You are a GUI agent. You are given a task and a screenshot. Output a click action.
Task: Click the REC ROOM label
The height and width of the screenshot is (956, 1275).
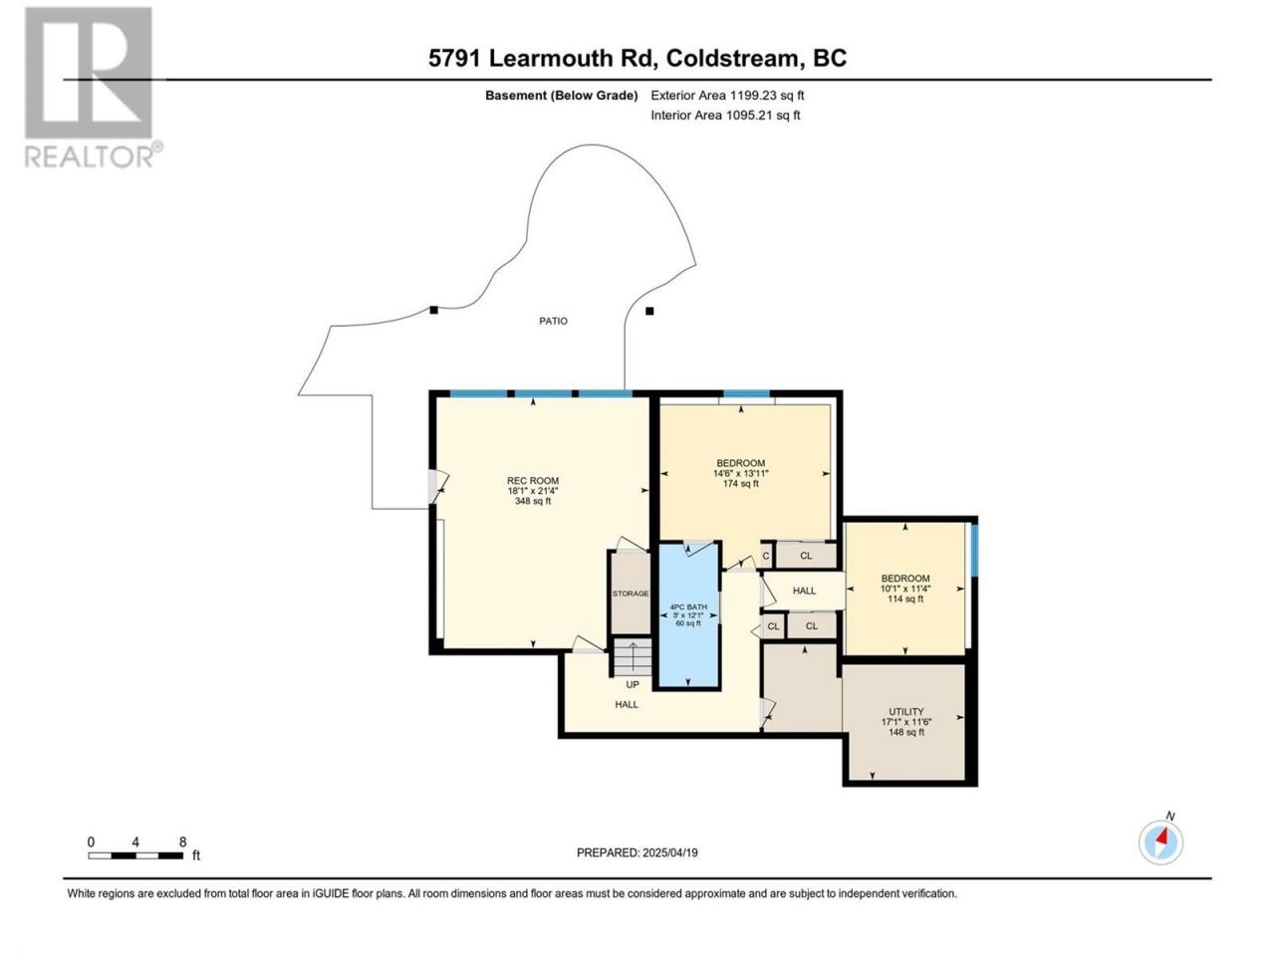[x=533, y=481]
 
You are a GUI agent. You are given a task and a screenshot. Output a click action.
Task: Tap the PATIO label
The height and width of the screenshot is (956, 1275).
[x=553, y=321]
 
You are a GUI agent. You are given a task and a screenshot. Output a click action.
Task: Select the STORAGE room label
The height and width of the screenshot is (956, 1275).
[x=631, y=594]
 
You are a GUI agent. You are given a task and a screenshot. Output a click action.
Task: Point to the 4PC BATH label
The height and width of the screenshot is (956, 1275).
[x=688, y=607]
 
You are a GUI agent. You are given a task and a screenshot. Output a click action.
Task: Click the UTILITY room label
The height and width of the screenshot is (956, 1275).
[x=906, y=712]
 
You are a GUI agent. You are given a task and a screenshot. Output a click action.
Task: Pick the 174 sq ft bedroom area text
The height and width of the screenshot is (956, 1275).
[x=741, y=484]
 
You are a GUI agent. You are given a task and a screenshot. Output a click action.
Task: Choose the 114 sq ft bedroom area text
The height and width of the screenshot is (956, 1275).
[x=905, y=598]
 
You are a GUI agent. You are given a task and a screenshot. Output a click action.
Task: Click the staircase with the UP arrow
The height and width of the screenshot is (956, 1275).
[x=633, y=657]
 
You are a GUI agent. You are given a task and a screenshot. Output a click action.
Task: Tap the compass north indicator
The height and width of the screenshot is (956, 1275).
[x=1160, y=842]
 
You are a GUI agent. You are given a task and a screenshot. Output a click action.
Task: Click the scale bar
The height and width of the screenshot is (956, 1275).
[x=135, y=855]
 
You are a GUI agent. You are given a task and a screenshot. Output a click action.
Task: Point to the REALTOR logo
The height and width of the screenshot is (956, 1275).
[x=93, y=87]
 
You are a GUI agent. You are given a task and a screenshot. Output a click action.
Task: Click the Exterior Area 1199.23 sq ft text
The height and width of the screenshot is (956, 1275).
[x=727, y=96]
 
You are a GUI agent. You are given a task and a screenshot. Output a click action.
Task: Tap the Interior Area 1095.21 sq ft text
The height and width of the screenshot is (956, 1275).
[x=725, y=115]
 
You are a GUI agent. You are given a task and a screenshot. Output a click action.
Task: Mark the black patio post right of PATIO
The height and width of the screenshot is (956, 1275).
[x=650, y=311]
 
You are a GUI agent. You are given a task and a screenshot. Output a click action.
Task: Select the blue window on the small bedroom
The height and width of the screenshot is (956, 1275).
[x=975, y=551]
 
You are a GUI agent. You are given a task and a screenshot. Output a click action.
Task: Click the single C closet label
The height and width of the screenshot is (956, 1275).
[x=766, y=556]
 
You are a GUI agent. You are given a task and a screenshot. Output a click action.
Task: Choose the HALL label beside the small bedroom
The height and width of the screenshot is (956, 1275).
[x=805, y=591]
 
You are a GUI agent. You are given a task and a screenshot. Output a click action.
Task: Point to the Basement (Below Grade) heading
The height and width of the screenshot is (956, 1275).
[x=562, y=96]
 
